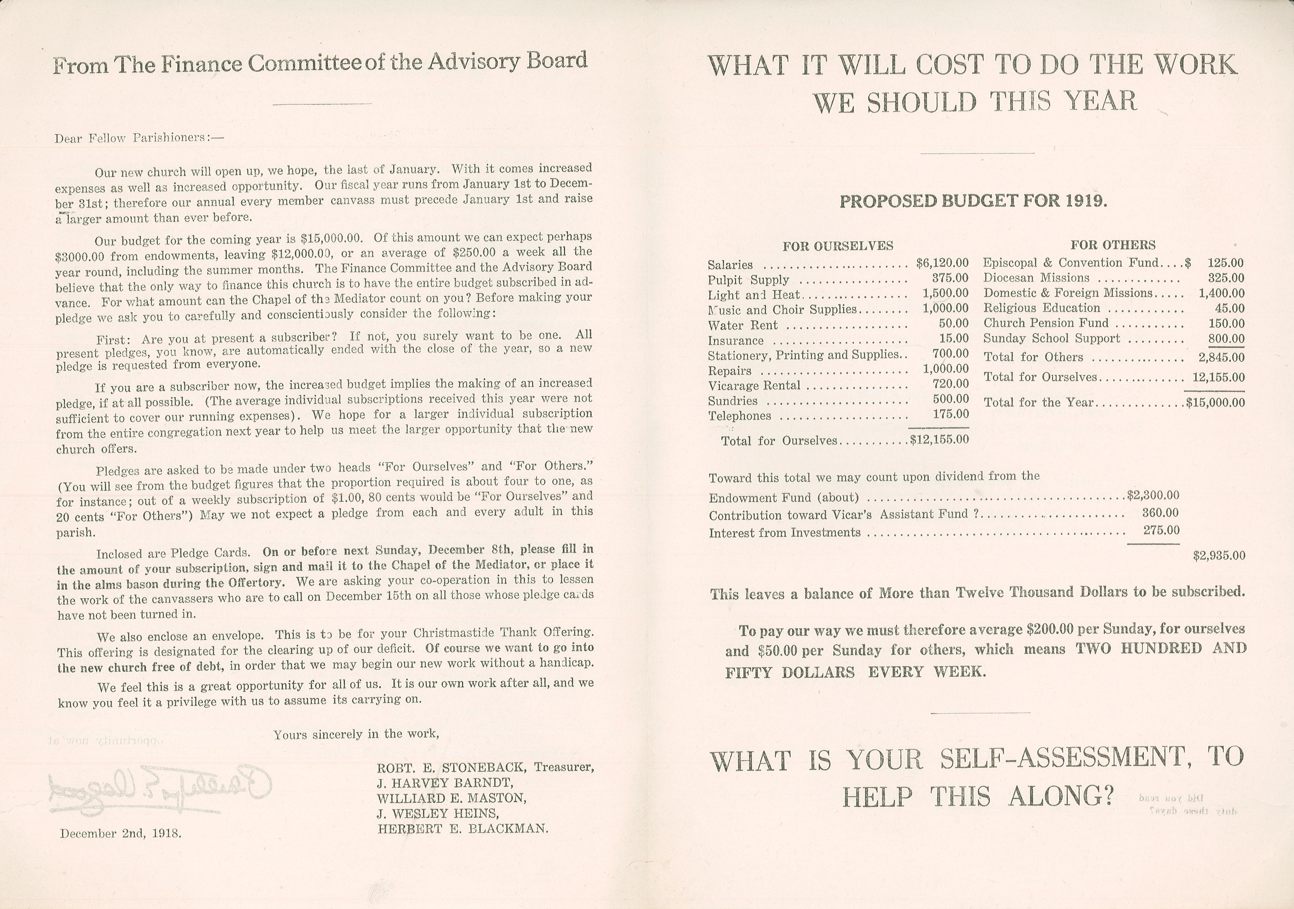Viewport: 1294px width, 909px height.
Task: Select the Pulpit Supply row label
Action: point(748,280)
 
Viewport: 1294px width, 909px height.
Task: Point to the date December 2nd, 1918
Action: point(121,833)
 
